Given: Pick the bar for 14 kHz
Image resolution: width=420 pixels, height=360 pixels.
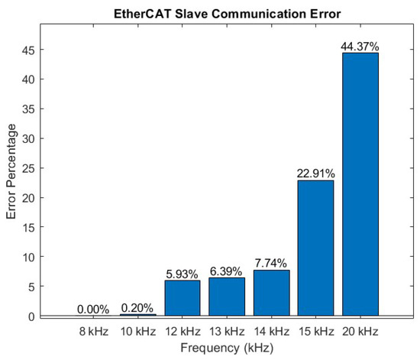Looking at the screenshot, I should tap(271, 293).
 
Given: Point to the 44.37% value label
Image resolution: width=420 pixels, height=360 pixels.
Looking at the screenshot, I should tap(360, 47).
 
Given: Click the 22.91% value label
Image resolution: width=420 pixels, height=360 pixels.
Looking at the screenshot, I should tap(315, 174).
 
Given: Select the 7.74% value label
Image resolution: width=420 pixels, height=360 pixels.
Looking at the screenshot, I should tap(271, 264).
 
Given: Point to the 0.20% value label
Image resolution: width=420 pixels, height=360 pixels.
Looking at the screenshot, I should tap(138, 308).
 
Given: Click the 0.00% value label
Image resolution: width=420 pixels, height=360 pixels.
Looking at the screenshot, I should tap(94, 310).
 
